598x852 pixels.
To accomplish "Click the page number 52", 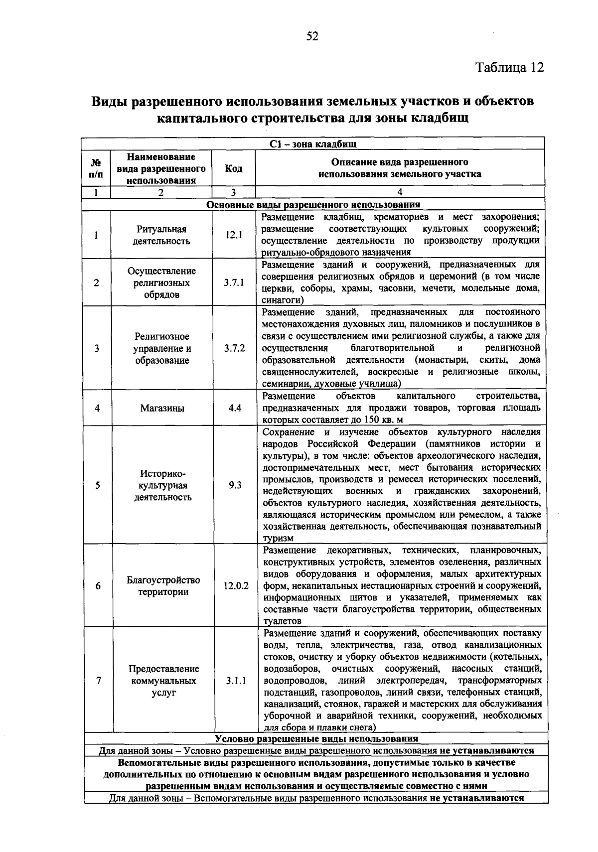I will click(312, 37).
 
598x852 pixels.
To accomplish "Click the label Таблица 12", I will click(509, 67).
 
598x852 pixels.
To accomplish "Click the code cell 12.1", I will click(233, 235).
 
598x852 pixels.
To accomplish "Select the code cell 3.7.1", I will click(234, 283).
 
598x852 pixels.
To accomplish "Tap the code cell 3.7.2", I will click(234, 348).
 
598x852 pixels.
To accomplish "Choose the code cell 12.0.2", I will click(236, 586).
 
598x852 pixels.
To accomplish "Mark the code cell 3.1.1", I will click(236, 680).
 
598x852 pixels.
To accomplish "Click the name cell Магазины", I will click(162, 408).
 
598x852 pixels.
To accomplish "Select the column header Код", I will click(233, 168).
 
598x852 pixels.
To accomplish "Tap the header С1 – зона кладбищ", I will click(312, 144).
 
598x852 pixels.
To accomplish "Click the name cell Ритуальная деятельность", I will click(161, 235).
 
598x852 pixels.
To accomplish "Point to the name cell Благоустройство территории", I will click(163, 586).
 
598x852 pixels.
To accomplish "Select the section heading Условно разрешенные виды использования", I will click(316, 738).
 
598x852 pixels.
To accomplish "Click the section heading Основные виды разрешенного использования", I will click(313, 205).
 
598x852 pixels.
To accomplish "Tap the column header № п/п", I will click(97, 168).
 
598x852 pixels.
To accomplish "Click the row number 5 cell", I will click(97, 485).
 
